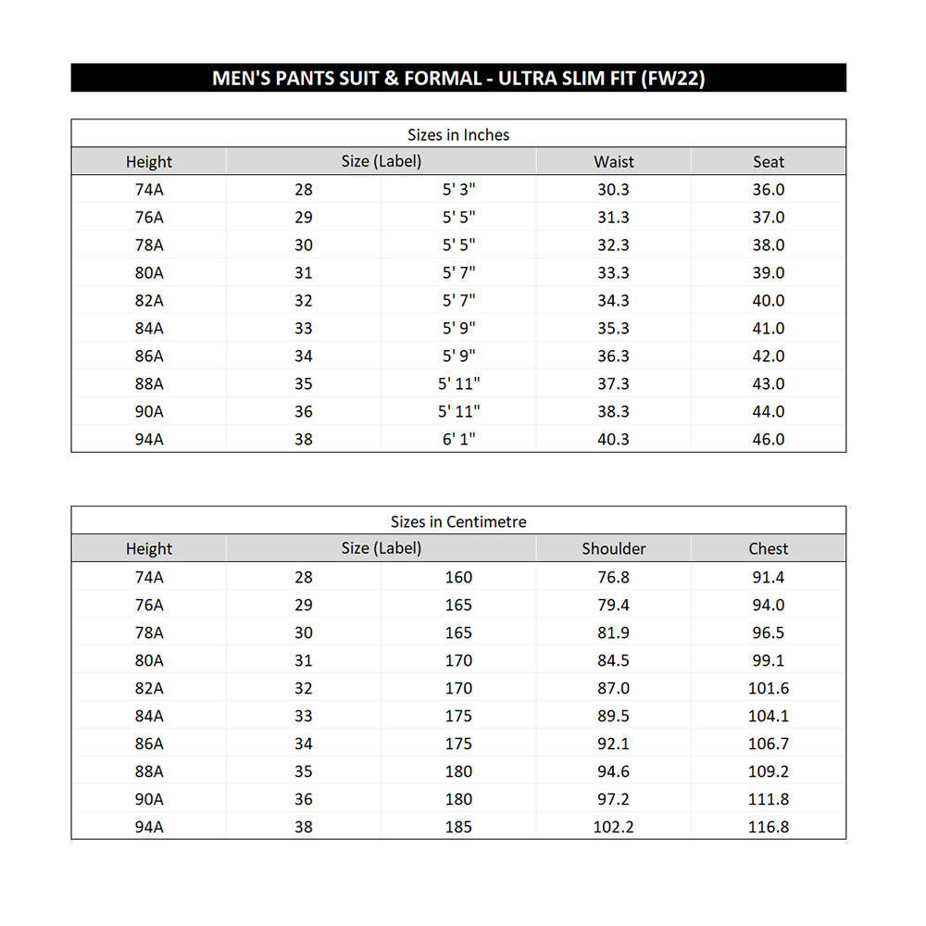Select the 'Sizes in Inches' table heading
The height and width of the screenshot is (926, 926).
click(458, 135)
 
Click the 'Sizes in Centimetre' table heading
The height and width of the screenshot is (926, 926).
click(458, 522)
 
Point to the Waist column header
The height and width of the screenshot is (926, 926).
click(614, 162)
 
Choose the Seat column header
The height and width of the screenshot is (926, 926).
click(769, 162)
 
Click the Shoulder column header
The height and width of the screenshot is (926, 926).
click(614, 549)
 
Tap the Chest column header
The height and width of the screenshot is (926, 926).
click(769, 549)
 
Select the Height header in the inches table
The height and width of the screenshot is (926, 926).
click(149, 162)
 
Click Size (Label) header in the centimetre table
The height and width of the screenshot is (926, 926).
click(381, 548)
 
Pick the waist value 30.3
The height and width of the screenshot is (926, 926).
click(614, 190)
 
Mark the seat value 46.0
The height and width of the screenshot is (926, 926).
click(769, 440)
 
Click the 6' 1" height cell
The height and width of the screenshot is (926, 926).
click(458, 440)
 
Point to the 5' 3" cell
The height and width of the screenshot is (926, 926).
click(458, 190)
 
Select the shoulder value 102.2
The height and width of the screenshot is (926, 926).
click(614, 827)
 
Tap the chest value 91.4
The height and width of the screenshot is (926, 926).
click(769, 577)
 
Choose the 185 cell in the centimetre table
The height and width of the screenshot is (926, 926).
click(458, 827)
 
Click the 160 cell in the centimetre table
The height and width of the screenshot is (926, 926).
click(458, 577)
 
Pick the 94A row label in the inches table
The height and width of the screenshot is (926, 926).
click(149, 440)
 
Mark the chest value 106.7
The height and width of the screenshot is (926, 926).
click(769, 744)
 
